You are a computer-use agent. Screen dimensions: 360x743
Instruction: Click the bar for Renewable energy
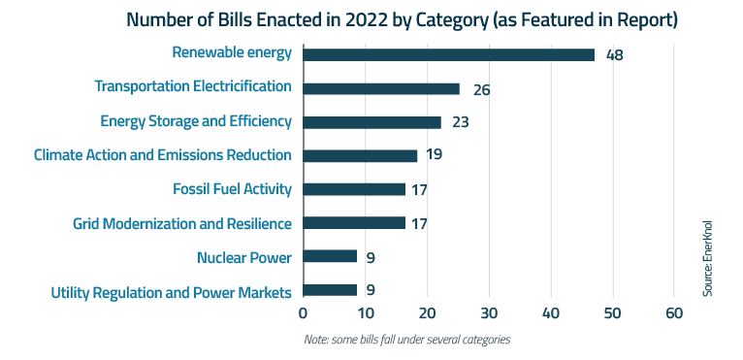click(448, 54)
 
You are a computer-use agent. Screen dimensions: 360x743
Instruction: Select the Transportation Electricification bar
click(381, 88)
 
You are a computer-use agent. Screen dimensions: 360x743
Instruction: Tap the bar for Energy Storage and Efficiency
click(372, 122)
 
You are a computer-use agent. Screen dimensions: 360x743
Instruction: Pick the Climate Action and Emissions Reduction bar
click(360, 155)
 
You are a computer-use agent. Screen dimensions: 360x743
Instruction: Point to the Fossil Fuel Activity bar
click(354, 189)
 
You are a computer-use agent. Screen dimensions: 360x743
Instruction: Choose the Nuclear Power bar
click(330, 256)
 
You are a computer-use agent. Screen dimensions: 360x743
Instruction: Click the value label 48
click(614, 55)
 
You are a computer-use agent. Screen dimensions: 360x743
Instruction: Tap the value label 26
click(481, 89)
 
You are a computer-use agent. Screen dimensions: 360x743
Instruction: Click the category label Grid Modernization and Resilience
click(182, 223)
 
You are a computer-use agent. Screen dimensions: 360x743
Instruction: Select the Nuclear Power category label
click(243, 257)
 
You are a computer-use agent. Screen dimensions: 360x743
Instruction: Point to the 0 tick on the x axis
click(304, 313)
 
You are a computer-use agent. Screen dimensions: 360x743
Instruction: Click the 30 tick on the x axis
click(489, 313)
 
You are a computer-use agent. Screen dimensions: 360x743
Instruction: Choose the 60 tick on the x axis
click(674, 313)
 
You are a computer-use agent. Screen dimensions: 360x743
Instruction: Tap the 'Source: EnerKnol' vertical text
click(708, 258)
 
